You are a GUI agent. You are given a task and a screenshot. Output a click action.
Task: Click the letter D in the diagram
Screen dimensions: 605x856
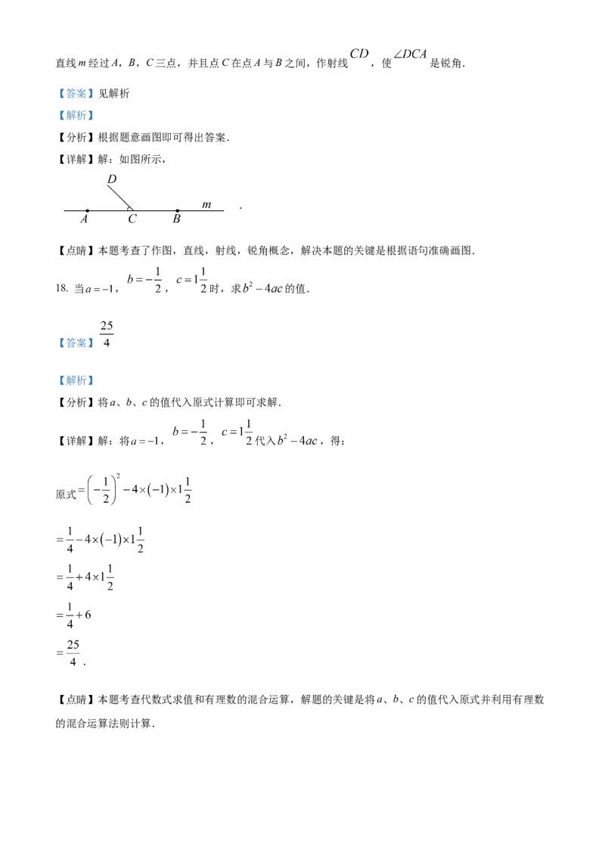[111, 179]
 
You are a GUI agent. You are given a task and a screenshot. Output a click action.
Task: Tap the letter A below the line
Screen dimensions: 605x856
[84, 219]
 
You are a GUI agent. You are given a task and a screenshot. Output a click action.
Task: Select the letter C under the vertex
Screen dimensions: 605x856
[132, 219]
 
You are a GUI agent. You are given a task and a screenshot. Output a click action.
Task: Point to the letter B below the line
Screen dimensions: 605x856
[176, 219]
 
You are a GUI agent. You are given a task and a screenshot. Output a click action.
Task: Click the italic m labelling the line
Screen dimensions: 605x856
[206, 204]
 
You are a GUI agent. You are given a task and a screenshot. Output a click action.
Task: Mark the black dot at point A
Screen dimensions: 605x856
[87, 210]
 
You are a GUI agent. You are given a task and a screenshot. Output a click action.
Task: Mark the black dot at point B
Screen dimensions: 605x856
[177, 210]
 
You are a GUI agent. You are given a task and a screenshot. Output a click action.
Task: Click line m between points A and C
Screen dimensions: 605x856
[110, 210]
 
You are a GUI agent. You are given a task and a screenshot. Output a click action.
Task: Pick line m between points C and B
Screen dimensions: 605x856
[156, 210]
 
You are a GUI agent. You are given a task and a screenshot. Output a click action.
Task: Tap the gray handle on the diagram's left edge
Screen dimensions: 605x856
[62, 207]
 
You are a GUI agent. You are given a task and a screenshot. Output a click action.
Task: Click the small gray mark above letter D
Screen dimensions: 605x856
[111, 171]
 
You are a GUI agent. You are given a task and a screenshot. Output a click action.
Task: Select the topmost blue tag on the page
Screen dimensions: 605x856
[76, 94]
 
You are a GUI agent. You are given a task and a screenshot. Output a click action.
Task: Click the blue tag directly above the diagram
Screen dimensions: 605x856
[76, 115]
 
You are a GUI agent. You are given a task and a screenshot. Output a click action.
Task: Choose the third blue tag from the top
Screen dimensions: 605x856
[76, 343]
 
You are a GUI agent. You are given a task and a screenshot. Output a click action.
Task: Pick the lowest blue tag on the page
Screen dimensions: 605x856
[76, 380]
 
